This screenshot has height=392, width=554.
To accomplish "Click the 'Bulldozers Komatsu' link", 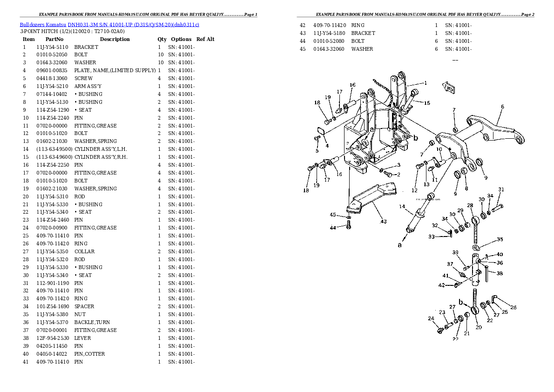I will click(x=43, y=24).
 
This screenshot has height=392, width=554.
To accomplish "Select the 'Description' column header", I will click(x=115, y=39).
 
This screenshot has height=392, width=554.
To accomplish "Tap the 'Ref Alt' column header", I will click(x=205, y=39).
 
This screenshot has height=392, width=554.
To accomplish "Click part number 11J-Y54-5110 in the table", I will click(x=52, y=47).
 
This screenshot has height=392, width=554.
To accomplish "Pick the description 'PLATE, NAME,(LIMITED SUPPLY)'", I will click(x=115, y=70).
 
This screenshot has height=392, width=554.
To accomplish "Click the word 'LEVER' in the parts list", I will click(x=82, y=338).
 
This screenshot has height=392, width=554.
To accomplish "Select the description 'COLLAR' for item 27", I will click(x=84, y=251).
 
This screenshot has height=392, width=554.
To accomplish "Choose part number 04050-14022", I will click(x=52, y=354).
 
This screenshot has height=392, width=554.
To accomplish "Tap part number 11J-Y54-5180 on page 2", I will click(x=329, y=33).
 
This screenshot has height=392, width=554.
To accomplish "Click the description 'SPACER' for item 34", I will click(x=84, y=306).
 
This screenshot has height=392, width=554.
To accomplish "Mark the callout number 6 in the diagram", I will click(x=502, y=107).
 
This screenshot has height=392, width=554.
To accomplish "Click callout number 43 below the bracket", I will click(x=383, y=221).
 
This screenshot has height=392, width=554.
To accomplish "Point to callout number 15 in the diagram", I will click(x=427, y=103).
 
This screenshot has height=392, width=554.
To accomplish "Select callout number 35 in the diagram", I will click(x=500, y=239).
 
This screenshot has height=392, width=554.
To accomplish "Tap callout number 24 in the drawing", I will click(x=431, y=319).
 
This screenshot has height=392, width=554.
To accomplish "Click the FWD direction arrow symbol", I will click(x=449, y=88).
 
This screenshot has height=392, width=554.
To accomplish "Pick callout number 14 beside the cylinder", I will click(x=402, y=206).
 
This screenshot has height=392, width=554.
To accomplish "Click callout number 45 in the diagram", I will click(x=333, y=215).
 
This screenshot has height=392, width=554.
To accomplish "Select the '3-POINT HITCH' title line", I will click(x=72, y=32).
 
